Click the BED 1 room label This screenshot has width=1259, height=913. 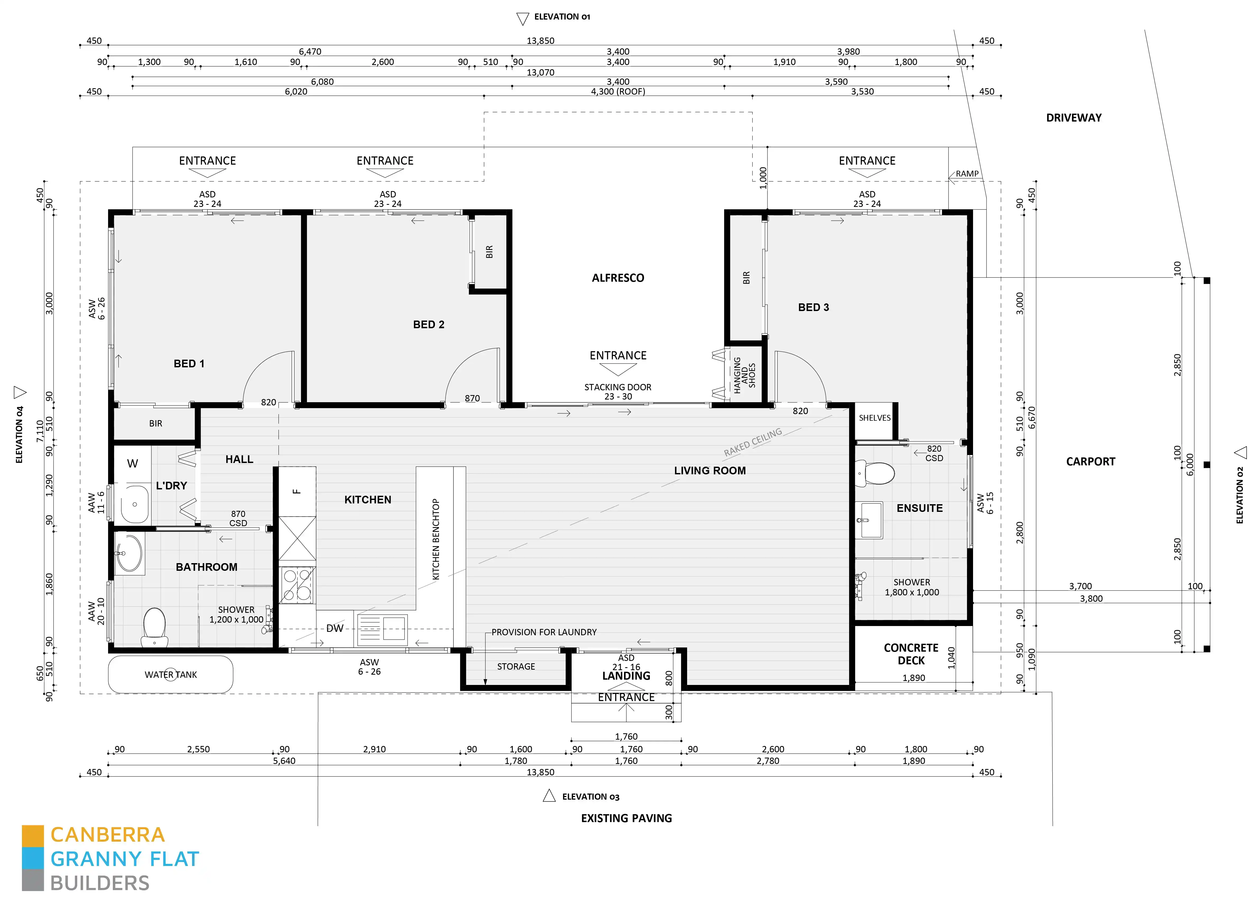(189, 364)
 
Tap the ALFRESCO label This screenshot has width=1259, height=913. (618, 278)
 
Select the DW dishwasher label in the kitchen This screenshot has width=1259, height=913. (335, 628)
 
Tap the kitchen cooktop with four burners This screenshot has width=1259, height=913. (297, 585)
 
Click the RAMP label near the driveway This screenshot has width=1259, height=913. (967, 174)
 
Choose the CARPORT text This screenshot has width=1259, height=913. (1090, 462)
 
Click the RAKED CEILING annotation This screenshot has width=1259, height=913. (753, 442)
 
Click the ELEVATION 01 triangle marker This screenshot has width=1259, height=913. (522, 19)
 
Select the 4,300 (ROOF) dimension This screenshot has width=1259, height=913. (618, 92)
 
